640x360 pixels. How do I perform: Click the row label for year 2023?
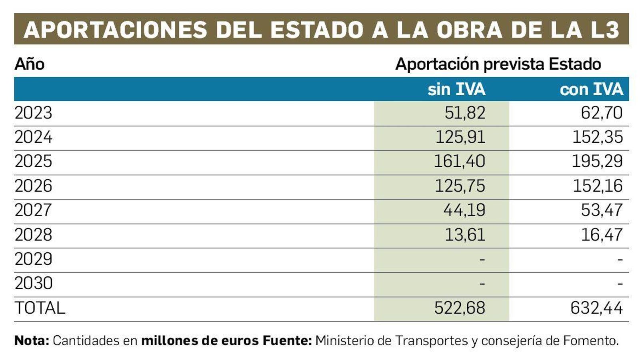(33, 113)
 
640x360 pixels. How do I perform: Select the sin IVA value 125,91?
(460, 137)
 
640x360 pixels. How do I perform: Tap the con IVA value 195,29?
(597, 161)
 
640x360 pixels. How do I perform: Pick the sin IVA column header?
(456, 89)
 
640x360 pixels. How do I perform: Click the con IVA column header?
(591, 89)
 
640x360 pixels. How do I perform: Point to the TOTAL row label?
(40, 308)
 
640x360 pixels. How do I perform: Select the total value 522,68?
(460, 308)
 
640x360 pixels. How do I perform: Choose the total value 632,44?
(596, 308)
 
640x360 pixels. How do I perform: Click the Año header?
(29, 64)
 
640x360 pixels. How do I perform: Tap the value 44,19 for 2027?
(464, 210)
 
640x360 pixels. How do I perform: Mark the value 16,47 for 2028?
(602, 234)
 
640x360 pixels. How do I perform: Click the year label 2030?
(34, 284)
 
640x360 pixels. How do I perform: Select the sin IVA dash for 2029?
(482, 259)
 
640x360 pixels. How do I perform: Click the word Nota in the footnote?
(32, 341)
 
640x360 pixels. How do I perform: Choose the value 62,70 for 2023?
(602, 113)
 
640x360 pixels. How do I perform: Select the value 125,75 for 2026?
(460, 186)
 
